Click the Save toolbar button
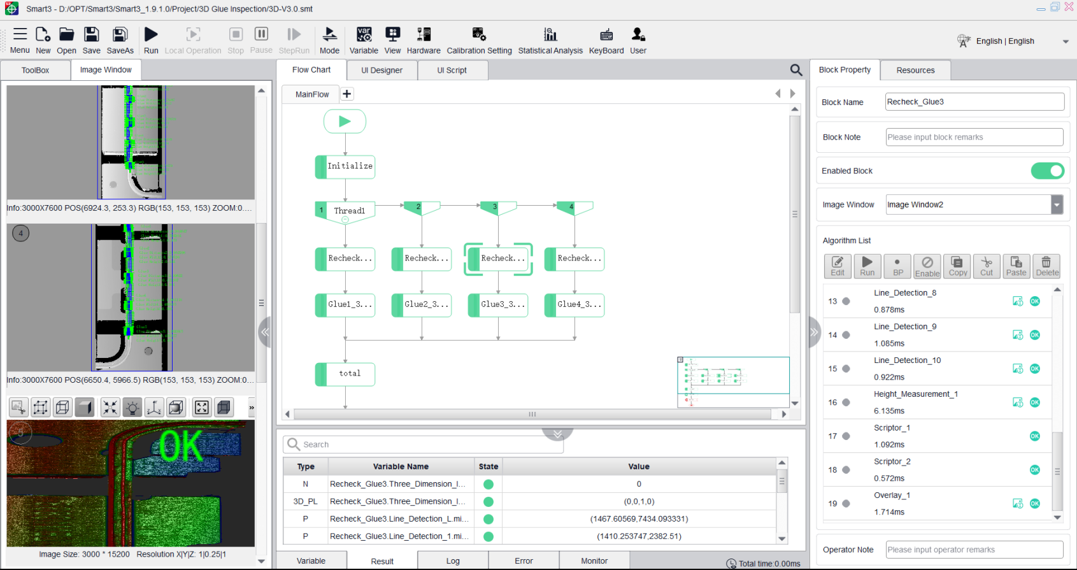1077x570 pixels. (91, 40)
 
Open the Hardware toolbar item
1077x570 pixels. (424, 40)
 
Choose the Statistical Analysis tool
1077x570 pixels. (550, 40)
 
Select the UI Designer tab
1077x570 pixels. (382, 70)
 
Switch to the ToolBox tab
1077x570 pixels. (35, 70)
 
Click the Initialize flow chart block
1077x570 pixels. (346, 166)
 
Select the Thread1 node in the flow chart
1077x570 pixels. (346, 211)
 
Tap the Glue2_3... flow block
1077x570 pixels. (422, 304)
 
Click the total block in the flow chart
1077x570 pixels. (346, 374)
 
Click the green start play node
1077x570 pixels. (345, 121)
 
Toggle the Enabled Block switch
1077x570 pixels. (1047, 171)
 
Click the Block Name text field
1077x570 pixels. (974, 102)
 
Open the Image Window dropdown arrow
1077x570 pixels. (1057, 204)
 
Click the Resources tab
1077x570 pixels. (915, 70)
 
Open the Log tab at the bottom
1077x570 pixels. (453, 561)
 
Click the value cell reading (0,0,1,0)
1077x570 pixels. (639, 501)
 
